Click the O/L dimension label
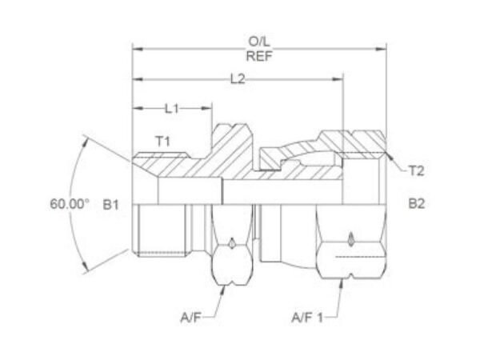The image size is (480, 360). pyautogui.click(x=259, y=42)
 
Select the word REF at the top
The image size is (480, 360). pyautogui.click(x=259, y=56)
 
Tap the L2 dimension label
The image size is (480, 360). pyautogui.click(x=238, y=79)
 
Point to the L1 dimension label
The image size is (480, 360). pyautogui.click(x=171, y=108)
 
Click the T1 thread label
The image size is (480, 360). pyautogui.click(x=163, y=142)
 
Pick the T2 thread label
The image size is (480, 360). pyautogui.click(x=416, y=171)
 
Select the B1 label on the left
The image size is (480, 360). pyautogui.click(x=110, y=205)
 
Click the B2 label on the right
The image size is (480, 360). pyautogui.click(x=417, y=203)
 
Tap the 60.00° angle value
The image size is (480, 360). pyautogui.click(x=70, y=203)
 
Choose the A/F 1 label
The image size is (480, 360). pyautogui.click(x=307, y=318)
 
